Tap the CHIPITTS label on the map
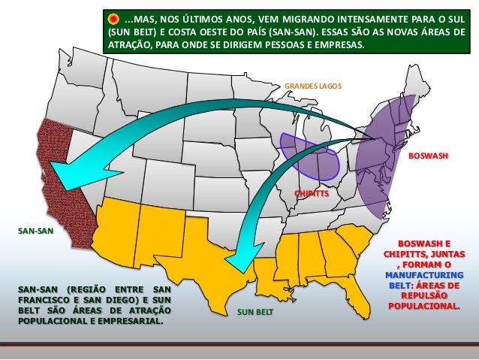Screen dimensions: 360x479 click(312, 193)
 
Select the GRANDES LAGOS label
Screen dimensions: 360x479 click(312, 86)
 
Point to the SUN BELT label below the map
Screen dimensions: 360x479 click(255, 310)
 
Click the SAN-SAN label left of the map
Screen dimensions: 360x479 click(35, 231)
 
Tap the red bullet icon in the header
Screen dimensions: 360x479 click(113, 18)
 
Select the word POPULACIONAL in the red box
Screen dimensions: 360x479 click(424, 307)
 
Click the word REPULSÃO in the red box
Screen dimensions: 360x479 click(424, 296)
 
